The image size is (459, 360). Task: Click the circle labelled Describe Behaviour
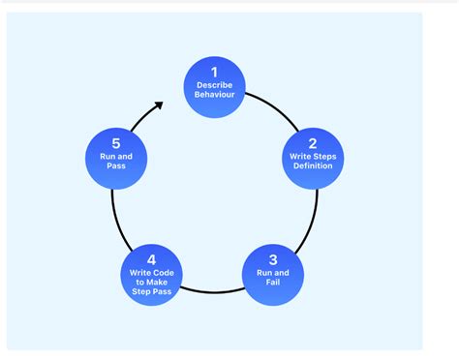(x=214, y=87)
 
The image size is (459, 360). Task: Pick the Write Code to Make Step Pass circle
(x=152, y=275)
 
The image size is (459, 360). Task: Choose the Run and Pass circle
(x=117, y=156)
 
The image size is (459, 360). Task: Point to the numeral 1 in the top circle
(x=214, y=72)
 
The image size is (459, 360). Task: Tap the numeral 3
(x=273, y=258)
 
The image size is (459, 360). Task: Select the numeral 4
(x=152, y=258)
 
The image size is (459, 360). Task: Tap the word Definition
(x=313, y=165)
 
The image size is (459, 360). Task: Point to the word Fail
(x=273, y=284)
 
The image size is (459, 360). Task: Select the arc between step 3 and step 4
(x=213, y=291)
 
